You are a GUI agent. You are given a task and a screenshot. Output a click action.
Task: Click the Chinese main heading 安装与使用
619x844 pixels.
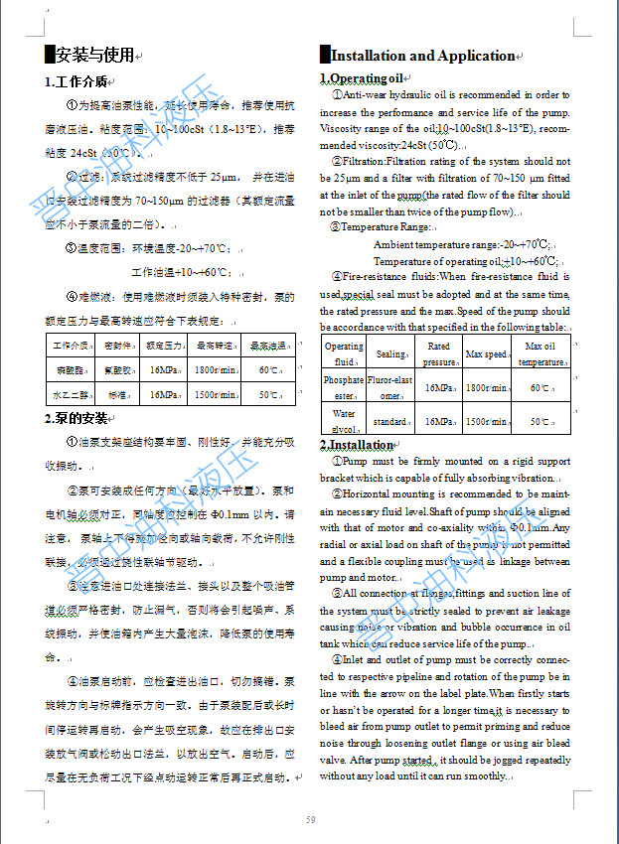(94, 54)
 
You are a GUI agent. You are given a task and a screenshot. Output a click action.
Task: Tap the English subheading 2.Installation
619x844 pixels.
(357, 444)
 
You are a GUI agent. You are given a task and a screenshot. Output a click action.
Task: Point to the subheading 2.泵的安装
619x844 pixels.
(77, 417)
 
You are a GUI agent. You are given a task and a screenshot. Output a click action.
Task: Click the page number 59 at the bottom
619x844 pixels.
(310, 819)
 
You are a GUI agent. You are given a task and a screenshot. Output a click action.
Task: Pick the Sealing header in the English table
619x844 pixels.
(390, 353)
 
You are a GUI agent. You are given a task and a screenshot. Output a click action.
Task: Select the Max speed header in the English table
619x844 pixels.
(486, 353)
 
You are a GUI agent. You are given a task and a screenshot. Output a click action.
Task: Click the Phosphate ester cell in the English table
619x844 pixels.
(344, 386)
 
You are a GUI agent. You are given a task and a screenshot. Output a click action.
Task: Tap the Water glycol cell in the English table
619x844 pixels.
(344, 420)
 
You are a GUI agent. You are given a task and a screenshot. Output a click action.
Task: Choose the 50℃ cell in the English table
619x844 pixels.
(541, 421)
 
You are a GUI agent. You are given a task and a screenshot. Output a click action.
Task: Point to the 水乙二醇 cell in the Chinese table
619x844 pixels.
(71, 394)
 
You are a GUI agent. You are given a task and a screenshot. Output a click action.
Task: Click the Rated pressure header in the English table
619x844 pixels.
(438, 353)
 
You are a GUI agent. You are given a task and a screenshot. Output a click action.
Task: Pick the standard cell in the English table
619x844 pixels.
(389, 421)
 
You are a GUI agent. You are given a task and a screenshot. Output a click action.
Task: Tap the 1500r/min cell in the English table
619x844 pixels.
(486, 421)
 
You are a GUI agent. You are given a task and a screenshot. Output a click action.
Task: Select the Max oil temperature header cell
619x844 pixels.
(541, 353)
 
